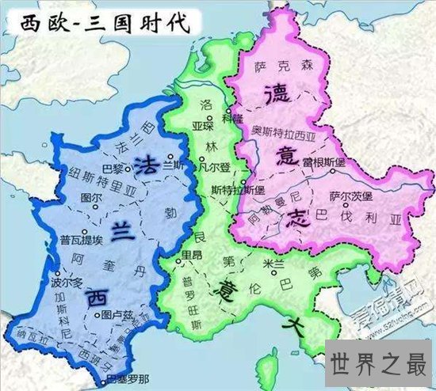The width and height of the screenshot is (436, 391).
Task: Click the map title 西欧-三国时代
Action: click(98, 21)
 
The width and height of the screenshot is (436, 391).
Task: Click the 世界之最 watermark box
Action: click(380, 366)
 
